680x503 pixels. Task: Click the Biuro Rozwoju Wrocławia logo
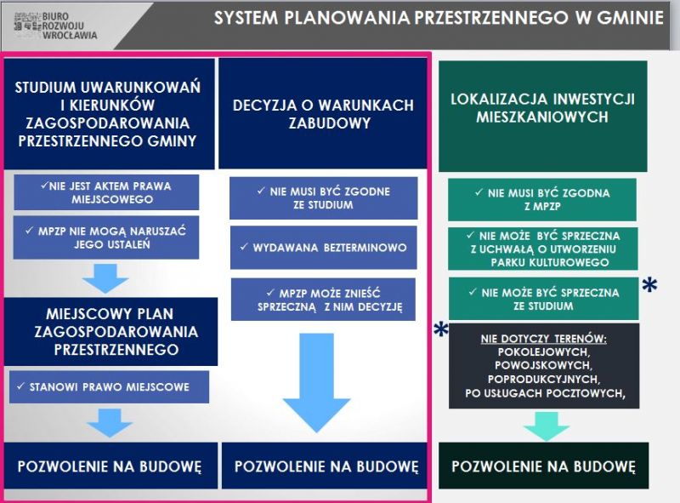tap(55, 26)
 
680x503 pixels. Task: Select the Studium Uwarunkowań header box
tap(110, 114)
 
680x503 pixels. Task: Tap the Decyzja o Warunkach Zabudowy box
tap(323, 113)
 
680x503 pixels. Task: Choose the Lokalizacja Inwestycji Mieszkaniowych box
tap(543, 117)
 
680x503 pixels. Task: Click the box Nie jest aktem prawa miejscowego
tap(106, 192)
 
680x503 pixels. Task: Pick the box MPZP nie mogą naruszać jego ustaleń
tap(106, 237)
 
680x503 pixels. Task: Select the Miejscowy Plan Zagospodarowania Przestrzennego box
tap(111, 331)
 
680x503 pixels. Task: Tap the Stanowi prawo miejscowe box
tap(109, 386)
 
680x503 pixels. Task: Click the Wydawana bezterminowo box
tap(324, 248)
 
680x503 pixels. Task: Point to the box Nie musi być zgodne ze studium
tap(324, 198)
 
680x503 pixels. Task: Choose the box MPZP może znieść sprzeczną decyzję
tap(324, 300)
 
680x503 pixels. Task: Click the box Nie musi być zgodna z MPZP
tap(542, 199)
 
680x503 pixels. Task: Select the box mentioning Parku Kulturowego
tap(543, 249)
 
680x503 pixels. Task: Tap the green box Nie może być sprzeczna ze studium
tap(543, 299)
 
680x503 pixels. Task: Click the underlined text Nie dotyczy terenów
tap(543, 339)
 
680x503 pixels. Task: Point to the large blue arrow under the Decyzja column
tap(316, 382)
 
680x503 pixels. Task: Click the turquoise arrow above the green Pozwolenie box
tap(546, 426)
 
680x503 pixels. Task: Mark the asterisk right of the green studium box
tap(649, 285)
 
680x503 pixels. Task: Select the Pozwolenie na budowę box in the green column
tap(544, 466)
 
